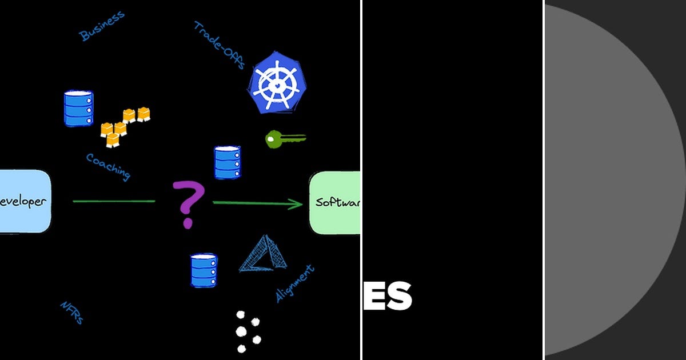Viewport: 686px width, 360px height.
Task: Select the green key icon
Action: [285, 139]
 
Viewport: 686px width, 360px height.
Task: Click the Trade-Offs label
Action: [220, 45]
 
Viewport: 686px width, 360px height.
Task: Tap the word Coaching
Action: [108, 166]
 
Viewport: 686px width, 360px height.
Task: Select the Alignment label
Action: [295, 283]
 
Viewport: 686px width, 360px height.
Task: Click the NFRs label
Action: [72, 313]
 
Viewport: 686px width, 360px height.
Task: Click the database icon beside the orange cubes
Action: [78, 109]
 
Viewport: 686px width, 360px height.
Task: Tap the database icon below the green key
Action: [228, 163]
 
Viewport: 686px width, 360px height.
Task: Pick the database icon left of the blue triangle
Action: [204, 270]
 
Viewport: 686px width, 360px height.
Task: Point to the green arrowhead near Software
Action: [296, 203]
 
